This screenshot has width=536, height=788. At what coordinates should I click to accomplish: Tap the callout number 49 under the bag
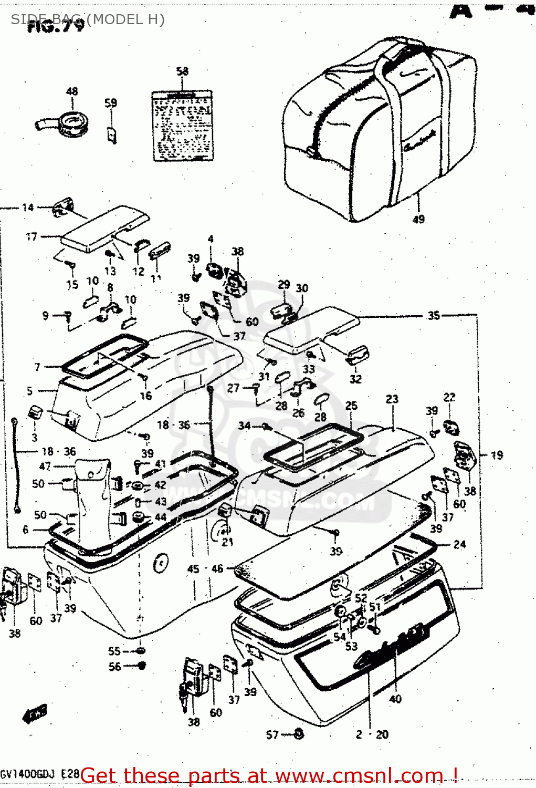418,219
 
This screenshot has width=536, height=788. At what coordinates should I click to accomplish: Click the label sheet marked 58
182,126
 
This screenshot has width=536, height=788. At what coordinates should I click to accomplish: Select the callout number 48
72,91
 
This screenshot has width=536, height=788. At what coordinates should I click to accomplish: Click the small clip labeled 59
112,134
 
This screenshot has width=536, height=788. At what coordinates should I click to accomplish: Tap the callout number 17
31,236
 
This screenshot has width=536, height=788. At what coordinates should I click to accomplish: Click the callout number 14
28,208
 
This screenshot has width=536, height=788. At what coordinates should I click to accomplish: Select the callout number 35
434,316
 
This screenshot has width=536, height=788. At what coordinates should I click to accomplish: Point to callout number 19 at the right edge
497,455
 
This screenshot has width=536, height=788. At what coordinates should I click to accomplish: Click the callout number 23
392,399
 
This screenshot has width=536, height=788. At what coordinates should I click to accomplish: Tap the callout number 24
459,544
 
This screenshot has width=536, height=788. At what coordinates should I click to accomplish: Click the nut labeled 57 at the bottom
298,733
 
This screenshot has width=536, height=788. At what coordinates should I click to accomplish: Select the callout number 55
114,651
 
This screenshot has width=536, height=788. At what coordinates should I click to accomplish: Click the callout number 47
45,466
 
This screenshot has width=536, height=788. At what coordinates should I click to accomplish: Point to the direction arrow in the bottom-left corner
35,714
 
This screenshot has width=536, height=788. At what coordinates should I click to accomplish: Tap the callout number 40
395,699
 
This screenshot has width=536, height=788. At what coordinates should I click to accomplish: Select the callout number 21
227,542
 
